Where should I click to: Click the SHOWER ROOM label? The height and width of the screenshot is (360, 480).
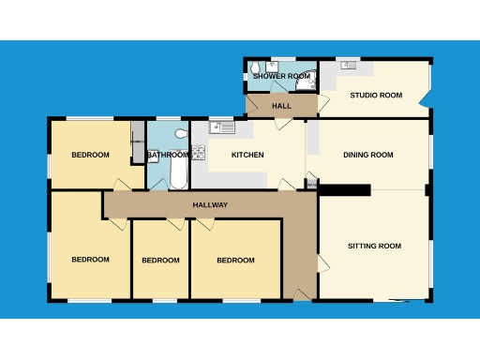[x=280, y=76]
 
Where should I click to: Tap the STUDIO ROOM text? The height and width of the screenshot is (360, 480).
[x=376, y=95]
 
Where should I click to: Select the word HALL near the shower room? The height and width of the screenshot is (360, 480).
[x=281, y=106]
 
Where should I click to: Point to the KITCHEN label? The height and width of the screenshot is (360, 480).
[x=247, y=155]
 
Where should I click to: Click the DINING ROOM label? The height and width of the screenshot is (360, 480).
[x=367, y=155]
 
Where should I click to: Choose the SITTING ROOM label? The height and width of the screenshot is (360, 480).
[x=374, y=246]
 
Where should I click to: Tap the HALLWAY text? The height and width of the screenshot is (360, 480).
[x=210, y=204]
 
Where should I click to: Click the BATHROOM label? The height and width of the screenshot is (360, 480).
[x=168, y=155]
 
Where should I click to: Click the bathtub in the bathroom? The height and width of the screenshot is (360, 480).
[x=178, y=173]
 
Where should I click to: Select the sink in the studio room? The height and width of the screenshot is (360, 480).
[x=349, y=65]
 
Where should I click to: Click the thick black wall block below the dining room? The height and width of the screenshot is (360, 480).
[x=344, y=190]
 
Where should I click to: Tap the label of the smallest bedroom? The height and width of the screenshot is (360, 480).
[x=160, y=260]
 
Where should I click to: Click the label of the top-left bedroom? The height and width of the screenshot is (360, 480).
[x=90, y=155]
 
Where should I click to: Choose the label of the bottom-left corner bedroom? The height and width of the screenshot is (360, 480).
[x=90, y=260]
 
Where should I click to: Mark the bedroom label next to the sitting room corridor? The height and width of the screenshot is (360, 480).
[x=235, y=260]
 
